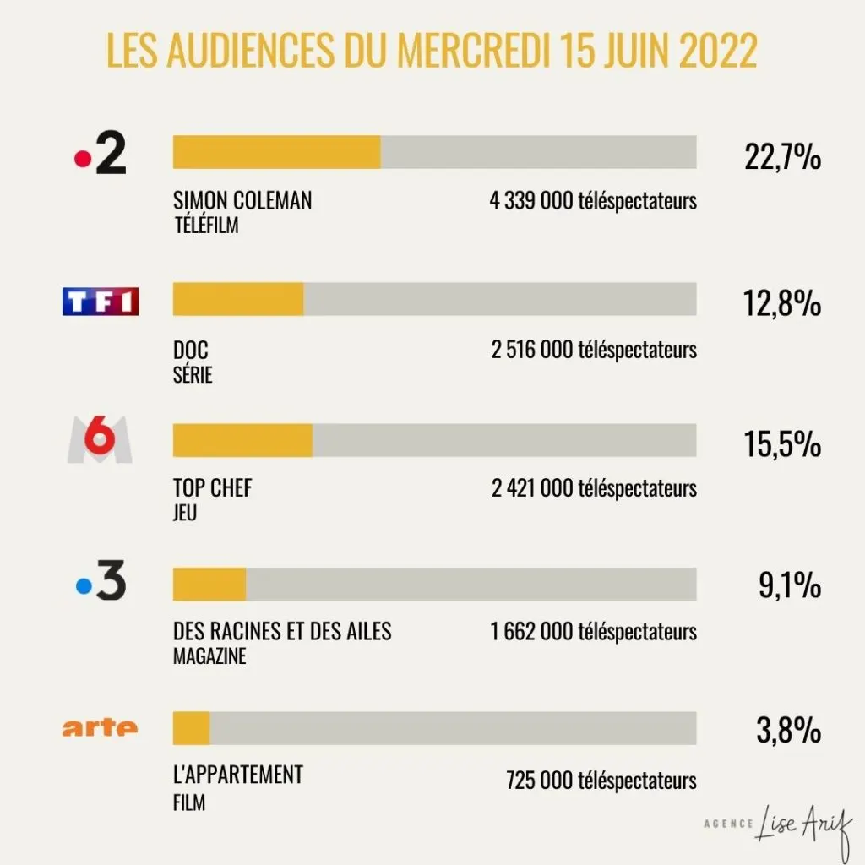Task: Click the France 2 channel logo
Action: [x=101, y=153]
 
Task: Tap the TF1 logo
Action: [x=101, y=302]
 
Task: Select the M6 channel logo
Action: [x=100, y=439]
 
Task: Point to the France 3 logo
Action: [x=101, y=580]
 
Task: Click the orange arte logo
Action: [x=100, y=728]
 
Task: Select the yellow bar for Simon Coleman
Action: [x=277, y=152]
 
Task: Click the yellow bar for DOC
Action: [x=238, y=299]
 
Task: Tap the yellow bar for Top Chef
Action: [x=242, y=440]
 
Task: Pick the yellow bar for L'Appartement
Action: [x=192, y=728]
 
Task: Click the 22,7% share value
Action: [x=782, y=156]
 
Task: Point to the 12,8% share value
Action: [x=781, y=303]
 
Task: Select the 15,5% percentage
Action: [x=782, y=443]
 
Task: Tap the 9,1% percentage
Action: [x=790, y=585]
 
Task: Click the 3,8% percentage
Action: [x=789, y=729]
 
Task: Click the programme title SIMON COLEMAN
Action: [x=242, y=200]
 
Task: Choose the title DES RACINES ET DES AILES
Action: [x=282, y=631]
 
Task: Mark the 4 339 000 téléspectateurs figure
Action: [x=593, y=201]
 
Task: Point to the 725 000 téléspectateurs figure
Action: [x=601, y=781]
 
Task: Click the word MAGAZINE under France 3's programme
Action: [x=209, y=656]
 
